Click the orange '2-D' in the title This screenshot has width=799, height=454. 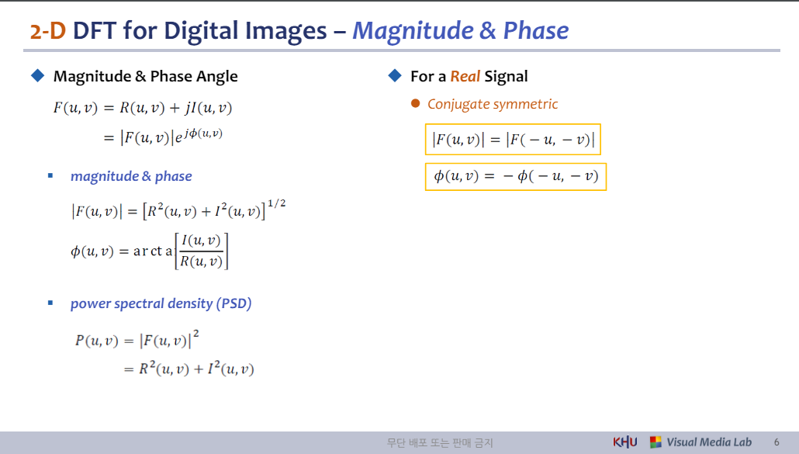(x=48, y=30)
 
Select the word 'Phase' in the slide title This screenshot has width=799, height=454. (x=535, y=30)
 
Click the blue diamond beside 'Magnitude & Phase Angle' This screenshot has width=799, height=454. (x=36, y=75)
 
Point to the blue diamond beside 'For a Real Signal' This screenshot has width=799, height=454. (x=393, y=75)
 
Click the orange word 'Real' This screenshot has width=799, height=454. (x=465, y=76)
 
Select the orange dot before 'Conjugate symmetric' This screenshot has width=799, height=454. (x=415, y=103)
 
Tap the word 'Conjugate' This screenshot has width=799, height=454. (x=456, y=104)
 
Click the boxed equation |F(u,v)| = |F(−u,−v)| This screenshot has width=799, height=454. (x=514, y=140)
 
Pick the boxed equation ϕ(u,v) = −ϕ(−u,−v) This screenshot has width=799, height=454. (x=516, y=176)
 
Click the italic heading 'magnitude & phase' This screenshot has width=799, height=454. (x=131, y=176)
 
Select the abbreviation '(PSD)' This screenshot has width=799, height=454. (x=233, y=303)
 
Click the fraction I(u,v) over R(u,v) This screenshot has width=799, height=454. (x=201, y=251)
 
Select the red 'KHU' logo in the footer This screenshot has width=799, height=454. (x=625, y=442)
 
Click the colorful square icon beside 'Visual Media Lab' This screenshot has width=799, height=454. (x=655, y=442)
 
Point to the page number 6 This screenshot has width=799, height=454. (x=777, y=442)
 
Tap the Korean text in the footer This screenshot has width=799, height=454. (x=440, y=443)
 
